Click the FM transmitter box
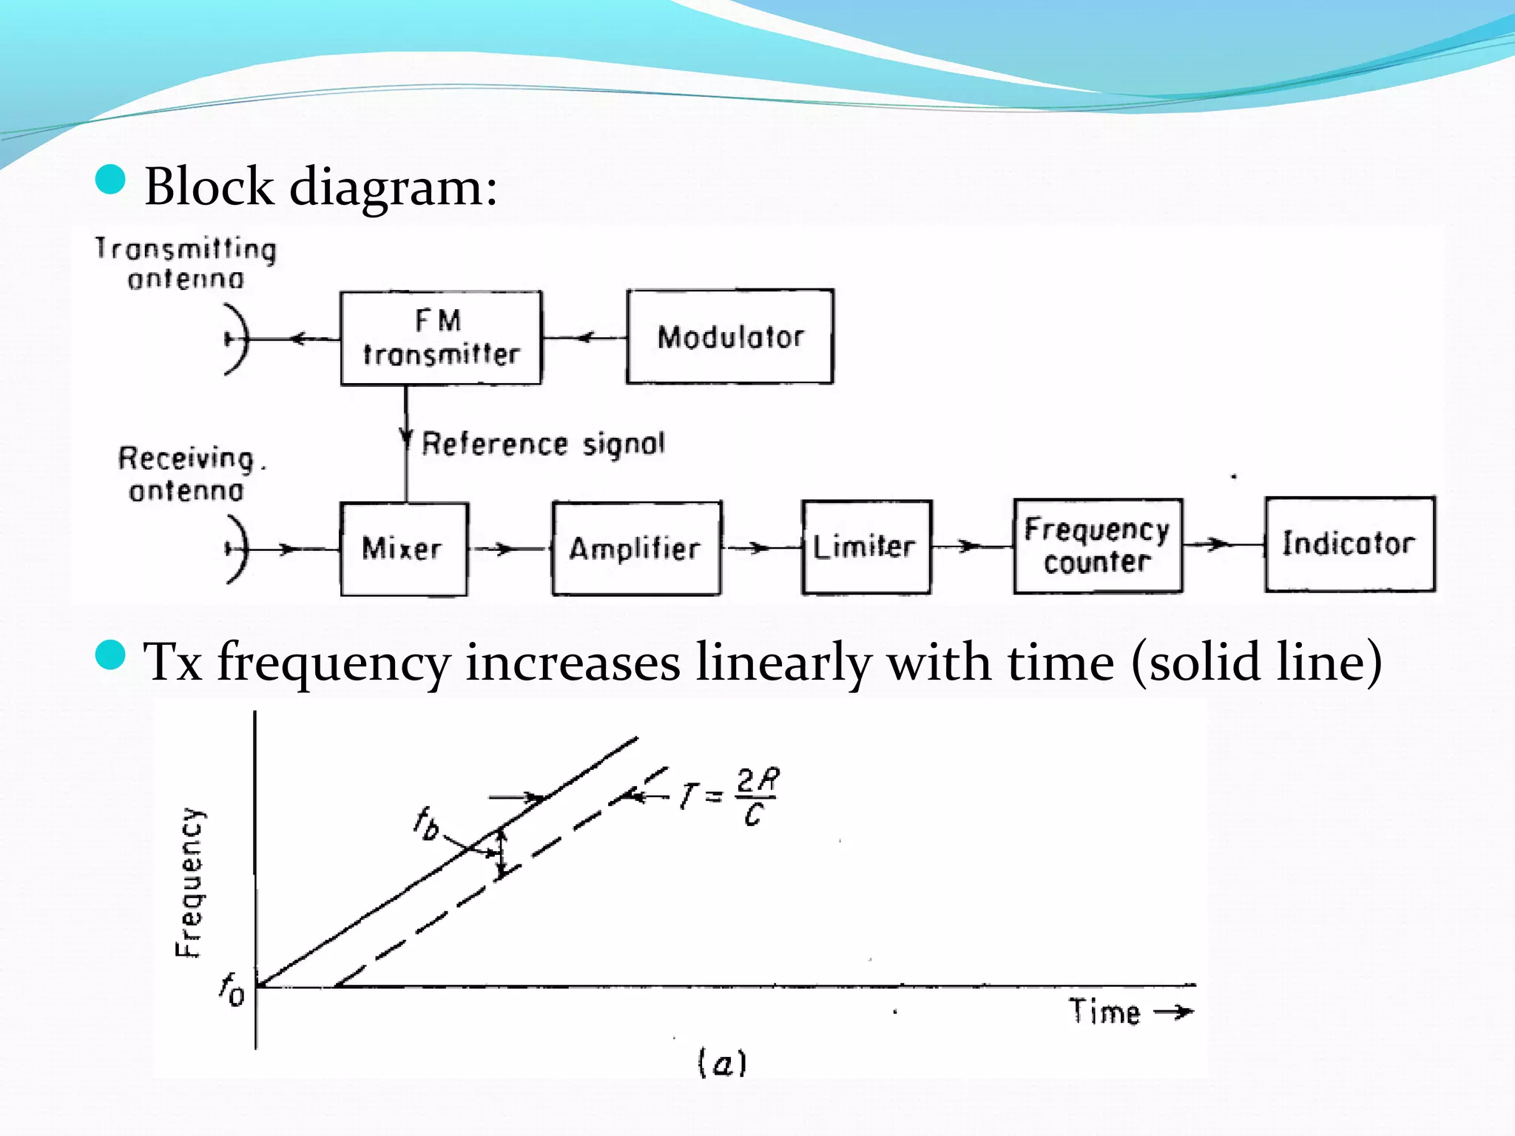point(441,338)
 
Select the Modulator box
point(730,337)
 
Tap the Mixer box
point(404,548)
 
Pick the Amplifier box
point(636,548)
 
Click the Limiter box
point(866,547)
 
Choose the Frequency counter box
point(1098,546)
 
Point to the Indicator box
point(1350,544)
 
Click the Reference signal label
point(543,444)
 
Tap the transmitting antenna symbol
point(235,339)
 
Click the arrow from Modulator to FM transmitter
point(585,338)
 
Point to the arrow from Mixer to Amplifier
point(505,549)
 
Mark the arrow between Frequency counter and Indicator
point(1218,544)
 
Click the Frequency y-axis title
point(189,882)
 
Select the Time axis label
point(1104,1011)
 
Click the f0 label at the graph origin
point(232,990)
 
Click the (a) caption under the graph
point(722,1063)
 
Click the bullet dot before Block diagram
point(111,180)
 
